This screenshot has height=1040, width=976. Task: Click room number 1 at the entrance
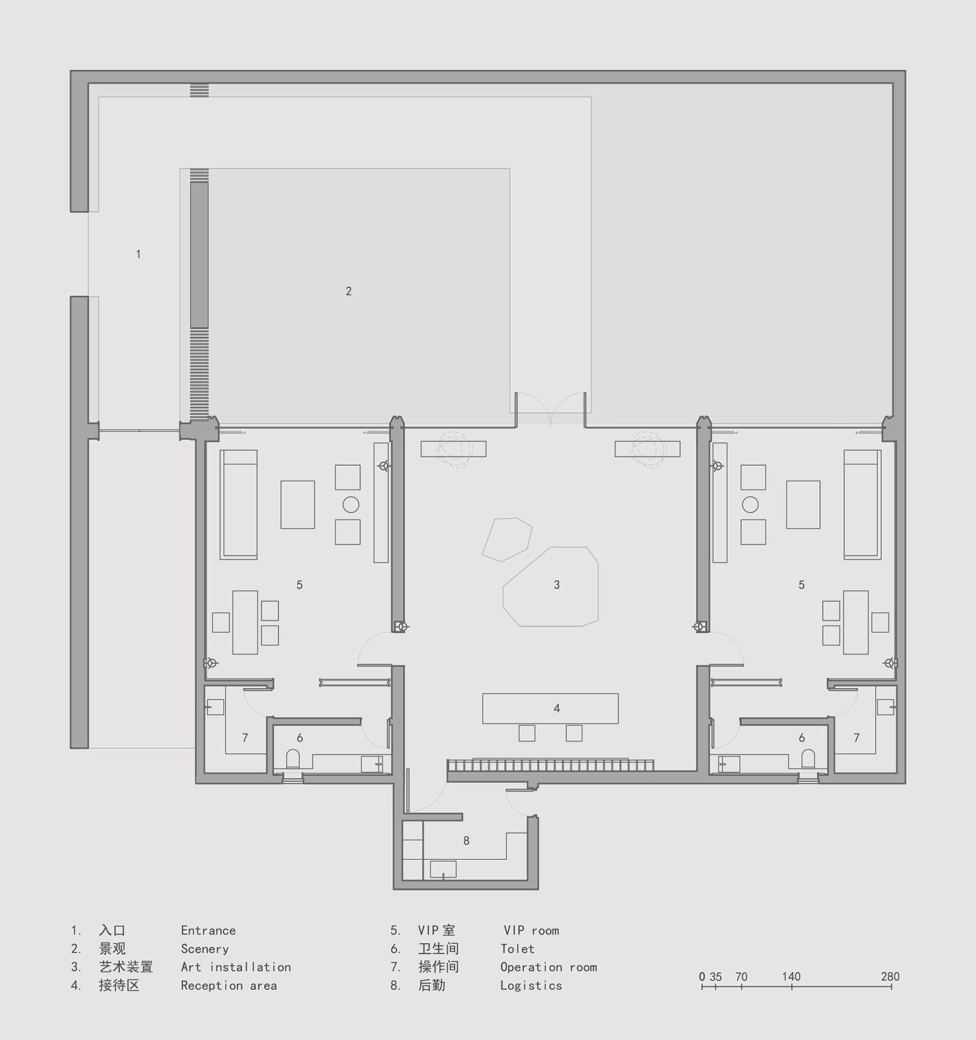[138, 254]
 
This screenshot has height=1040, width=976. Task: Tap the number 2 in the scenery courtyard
[349, 291]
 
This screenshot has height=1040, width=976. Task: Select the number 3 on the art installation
[557, 585]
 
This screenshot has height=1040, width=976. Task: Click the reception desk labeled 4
[550, 708]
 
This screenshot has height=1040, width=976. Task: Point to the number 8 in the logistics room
[467, 841]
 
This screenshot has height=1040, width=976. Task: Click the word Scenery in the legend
[205, 949]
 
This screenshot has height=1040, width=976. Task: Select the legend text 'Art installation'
[236, 967]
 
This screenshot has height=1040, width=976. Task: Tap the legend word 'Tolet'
[517, 949]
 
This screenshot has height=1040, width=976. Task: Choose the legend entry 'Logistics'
[531, 986]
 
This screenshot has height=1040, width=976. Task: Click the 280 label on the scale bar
[890, 976]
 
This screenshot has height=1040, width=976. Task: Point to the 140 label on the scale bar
[791, 976]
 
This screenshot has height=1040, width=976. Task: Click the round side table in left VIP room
[351, 504]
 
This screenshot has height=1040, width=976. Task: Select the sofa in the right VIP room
[863, 504]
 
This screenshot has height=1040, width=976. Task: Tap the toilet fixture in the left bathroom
[293, 758]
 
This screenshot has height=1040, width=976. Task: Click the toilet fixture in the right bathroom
[808, 758]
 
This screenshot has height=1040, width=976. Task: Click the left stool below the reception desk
[527, 733]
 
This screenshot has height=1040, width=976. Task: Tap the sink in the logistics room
[443, 869]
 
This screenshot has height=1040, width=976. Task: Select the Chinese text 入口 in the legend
[112, 931]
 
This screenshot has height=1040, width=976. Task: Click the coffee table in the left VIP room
[298, 505]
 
